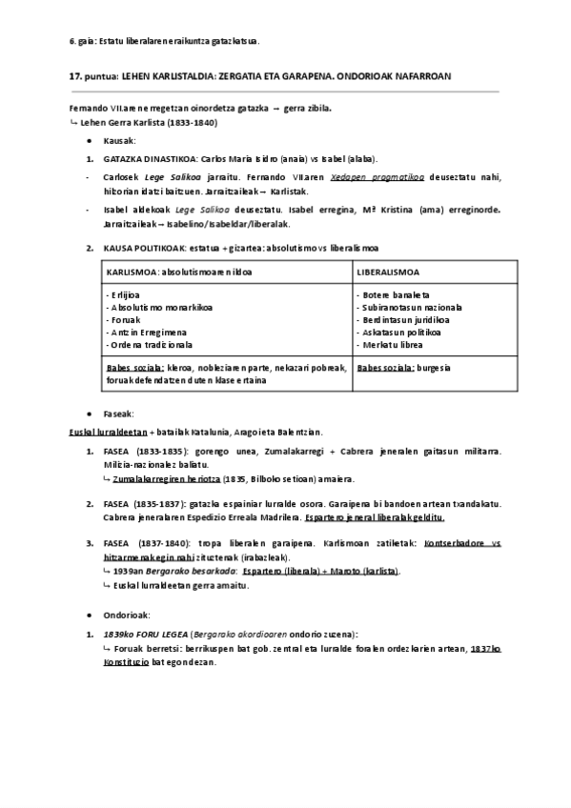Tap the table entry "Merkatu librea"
pyautogui.click(x=392, y=344)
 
